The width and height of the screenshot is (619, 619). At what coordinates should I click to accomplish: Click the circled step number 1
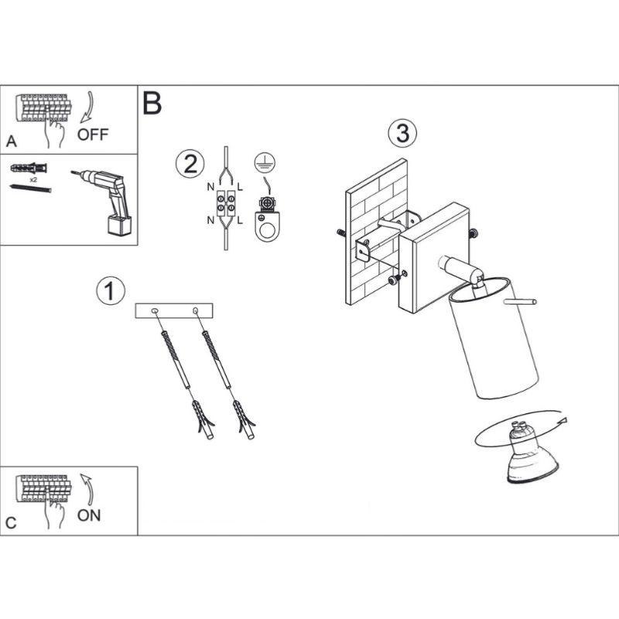point(110,292)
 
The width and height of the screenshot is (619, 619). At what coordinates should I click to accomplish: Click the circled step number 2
point(190,164)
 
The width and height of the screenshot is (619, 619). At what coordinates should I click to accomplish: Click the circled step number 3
point(402,133)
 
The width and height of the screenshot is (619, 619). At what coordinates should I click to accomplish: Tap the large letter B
point(152,103)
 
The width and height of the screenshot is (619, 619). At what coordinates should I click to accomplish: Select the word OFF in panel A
point(94,135)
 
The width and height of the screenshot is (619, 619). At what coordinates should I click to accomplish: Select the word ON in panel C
point(89,515)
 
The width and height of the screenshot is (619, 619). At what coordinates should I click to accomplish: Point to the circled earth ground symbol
point(264,163)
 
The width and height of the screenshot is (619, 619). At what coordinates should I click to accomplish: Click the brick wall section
point(374,232)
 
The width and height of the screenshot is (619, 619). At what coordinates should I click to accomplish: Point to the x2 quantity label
point(34,178)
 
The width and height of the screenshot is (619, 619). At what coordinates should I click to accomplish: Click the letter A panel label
point(10,142)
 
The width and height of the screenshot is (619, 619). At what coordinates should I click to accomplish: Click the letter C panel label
point(10,523)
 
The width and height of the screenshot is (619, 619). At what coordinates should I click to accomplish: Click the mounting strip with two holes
point(174,311)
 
